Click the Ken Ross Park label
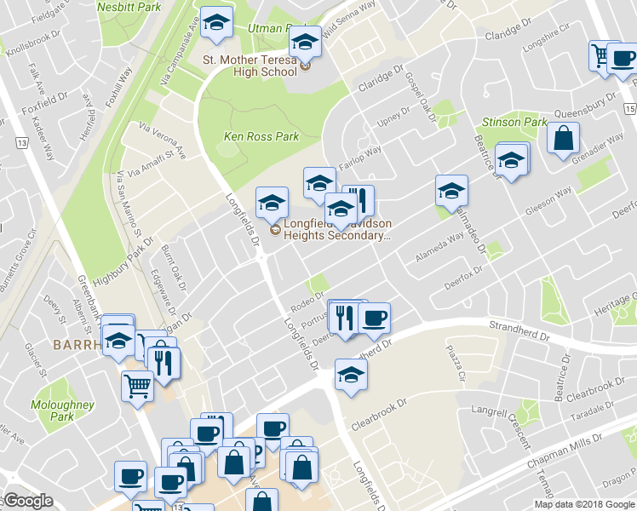pyautogui.click(x=261, y=136)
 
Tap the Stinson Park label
pyautogui.click(x=514, y=122)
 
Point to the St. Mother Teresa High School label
pyautogui.click(x=250, y=66)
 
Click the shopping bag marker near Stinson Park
pyautogui.click(x=564, y=140)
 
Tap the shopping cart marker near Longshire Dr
pyautogui.click(x=601, y=56)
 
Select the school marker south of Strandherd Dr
pyautogui.click(x=351, y=375)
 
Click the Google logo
pyautogui.click(x=28, y=502)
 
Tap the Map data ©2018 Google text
pyautogui.click(x=584, y=504)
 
